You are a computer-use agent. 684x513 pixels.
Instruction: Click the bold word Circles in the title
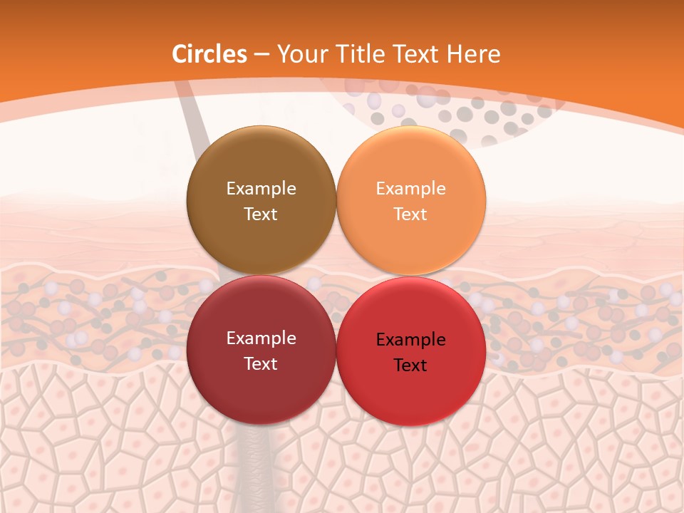tap(209, 54)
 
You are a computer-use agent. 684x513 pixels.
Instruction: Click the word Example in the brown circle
tap(261, 188)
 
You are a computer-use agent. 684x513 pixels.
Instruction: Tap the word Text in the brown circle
tap(261, 214)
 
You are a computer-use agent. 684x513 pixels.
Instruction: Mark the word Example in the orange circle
tap(410, 188)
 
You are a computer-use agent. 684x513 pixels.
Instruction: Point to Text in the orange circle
tap(410, 214)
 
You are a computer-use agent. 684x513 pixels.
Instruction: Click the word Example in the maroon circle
tap(261, 338)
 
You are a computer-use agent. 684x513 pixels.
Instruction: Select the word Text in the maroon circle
tap(261, 363)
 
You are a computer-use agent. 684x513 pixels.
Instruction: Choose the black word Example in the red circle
tap(410, 339)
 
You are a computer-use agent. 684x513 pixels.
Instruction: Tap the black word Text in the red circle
tap(410, 365)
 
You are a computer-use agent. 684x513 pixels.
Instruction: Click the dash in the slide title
tap(261, 55)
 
